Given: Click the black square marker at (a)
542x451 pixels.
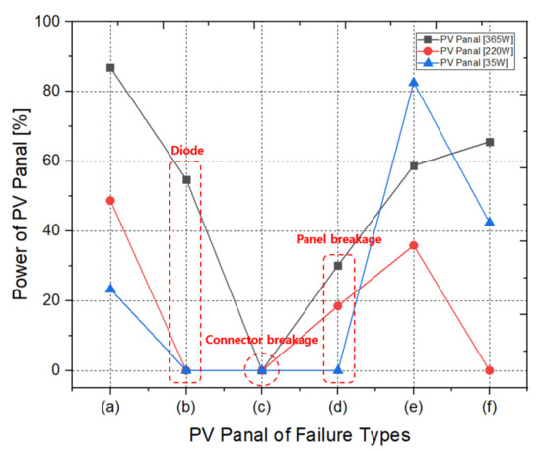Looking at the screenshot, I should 110,68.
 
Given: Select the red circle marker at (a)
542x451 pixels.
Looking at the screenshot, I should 110,200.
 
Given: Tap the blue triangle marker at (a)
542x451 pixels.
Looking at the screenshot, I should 110,289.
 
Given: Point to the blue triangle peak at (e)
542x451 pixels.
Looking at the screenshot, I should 414,82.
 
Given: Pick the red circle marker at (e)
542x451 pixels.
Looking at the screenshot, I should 414,245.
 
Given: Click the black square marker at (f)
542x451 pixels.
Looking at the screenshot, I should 490,142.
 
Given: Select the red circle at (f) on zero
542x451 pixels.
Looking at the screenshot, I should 490,370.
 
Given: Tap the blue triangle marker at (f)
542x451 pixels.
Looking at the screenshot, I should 490,222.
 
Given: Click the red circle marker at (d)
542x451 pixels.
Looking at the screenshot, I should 338,306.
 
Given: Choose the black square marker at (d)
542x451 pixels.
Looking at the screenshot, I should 338,266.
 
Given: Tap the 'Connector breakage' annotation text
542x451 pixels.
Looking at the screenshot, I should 261,340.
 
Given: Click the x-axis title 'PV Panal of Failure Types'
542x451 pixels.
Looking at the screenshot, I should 300,434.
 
